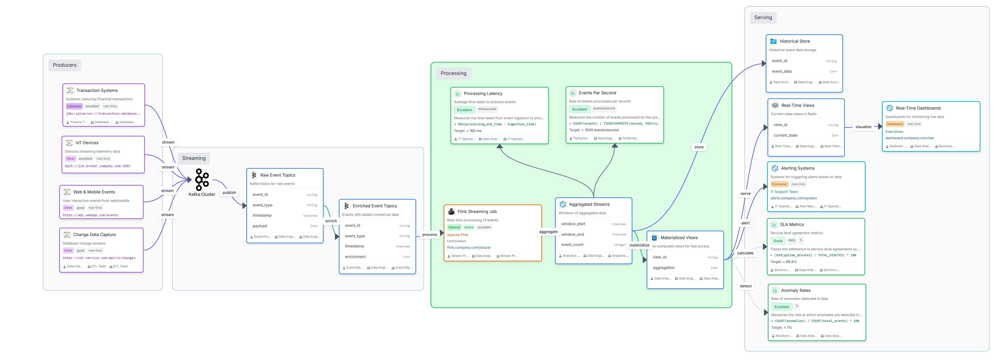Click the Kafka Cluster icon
[x=202, y=179]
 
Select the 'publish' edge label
[x=229, y=193]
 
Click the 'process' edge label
[x=430, y=234]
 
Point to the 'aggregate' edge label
[x=548, y=232]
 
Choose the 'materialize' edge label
[x=639, y=245]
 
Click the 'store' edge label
[x=699, y=147]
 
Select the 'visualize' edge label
[x=863, y=127]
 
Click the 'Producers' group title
[x=65, y=65]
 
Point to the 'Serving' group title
[x=763, y=17]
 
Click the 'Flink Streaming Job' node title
[x=477, y=212]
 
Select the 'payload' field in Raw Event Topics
[x=260, y=226]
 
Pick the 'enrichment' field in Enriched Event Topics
[x=355, y=257]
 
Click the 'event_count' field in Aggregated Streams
[x=572, y=245]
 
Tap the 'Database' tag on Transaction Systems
[x=74, y=106]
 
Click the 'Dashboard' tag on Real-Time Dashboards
[x=894, y=124]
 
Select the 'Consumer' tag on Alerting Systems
[x=779, y=184]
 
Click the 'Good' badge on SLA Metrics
[x=778, y=241]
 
